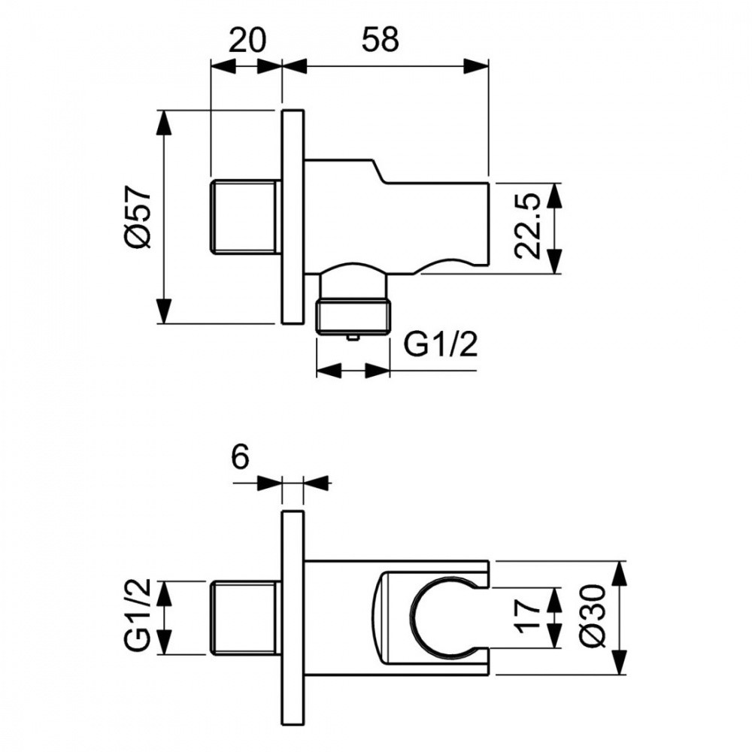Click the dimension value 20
pyautogui.click(x=247, y=39)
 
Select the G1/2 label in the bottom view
pyautogui.click(x=139, y=617)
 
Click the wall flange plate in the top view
pyautogui.click(x=293, y=217)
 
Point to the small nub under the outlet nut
pyautogui.click(x=353, y=338)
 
